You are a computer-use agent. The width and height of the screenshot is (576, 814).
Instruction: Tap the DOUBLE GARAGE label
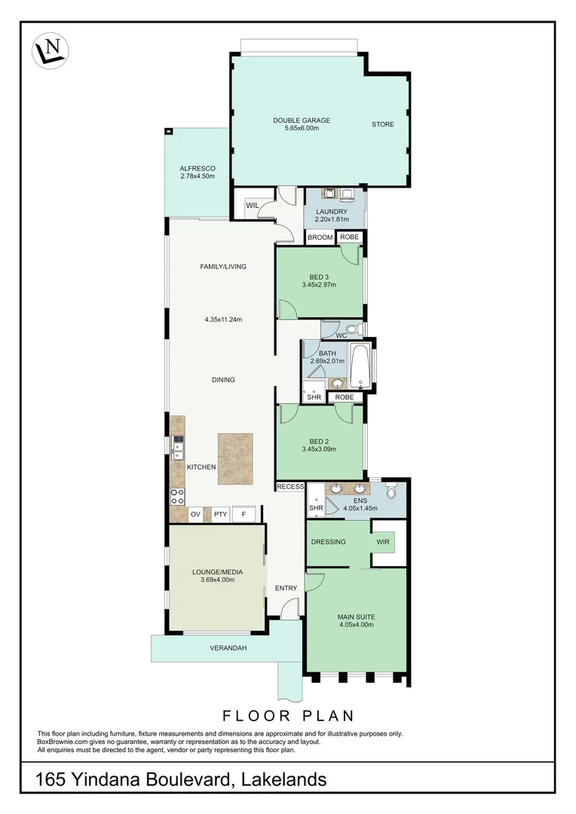pos(302,121)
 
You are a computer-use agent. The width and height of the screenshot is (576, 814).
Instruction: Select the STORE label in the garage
pos(382,124)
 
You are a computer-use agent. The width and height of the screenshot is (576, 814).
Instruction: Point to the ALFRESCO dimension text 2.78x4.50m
pos(198,176)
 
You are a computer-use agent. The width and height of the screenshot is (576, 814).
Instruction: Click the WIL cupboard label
pos(251,203)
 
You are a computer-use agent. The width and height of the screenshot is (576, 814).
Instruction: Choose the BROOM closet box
pos(320,237)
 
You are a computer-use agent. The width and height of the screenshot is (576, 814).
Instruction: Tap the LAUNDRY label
pos(333,212)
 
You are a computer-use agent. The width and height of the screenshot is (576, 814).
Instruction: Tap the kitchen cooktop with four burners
pos(177,495)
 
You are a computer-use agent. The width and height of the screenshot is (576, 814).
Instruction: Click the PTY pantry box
pos(219,515)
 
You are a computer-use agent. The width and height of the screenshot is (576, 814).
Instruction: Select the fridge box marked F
pos(243,515)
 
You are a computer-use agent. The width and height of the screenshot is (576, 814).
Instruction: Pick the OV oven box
pos(195,515)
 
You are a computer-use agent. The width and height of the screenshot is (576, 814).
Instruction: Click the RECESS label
pos(290,487)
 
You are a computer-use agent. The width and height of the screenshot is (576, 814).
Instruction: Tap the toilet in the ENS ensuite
pos(390,492)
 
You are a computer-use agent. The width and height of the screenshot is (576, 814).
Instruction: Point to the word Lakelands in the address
pos(283,779)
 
